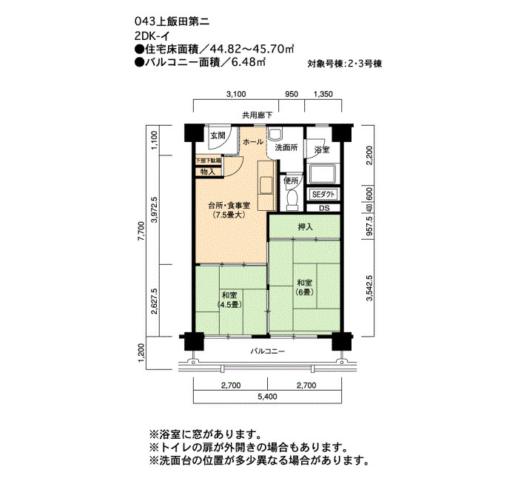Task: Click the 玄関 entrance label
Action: pyautogui.click(x=218, y=135)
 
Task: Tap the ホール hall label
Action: pyautogui.click(x=253, y=142)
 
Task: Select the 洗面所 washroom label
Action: pyautogui.click(x=286, y=148)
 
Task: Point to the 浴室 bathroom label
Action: pyautogui.click(x=322, y=149)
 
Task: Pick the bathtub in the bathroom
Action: pyautogui.click(x=323, y=173)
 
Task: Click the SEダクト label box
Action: pyautogui.click(x=324, y=195)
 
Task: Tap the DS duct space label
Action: pyautogui.click(x=324, y=208)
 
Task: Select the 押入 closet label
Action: pyautogui.click(x=305, y=227)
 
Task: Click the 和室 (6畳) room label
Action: pyautogui.click(x=304, y=287)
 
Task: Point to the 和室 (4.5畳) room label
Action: pyautogui.click(x=229, y=299)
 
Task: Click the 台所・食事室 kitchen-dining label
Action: pyautogui.click(x=229, y=209)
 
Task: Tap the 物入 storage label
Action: pyautogui.click(x=208, y=172)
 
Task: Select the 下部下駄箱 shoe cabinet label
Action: pyautogui.click(x=209, y=161)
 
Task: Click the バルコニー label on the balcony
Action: pyautogui.click(x=267, y=351)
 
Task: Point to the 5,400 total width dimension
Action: pyautogui.click(x=268, y=397)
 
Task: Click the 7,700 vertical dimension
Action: pyautogui.click(x=141, y=232)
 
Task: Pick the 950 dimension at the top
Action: pyautogui.click(x=292, y=94)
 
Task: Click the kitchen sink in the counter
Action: pyautogui.click(x=266, y=185)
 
